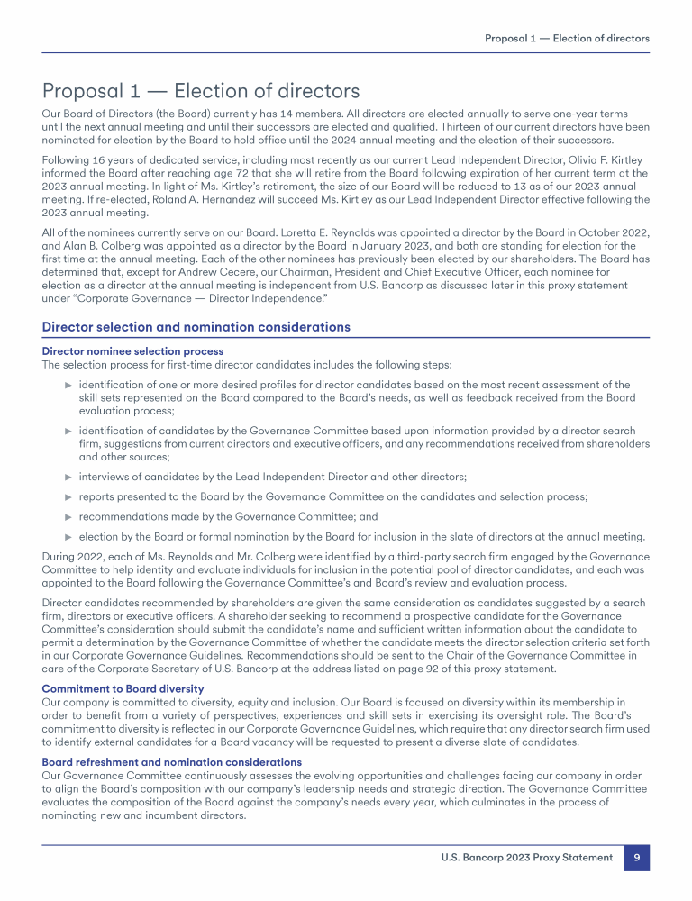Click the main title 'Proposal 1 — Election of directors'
coord(201,91)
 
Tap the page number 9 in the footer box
coord(637,859)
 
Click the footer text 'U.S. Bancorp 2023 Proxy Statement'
coord(525,859)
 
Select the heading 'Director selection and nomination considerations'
coord(196,327)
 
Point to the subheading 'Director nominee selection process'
coord(132,350)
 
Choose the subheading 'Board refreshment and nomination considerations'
coord(172,762)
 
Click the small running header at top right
coord(567,39)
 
